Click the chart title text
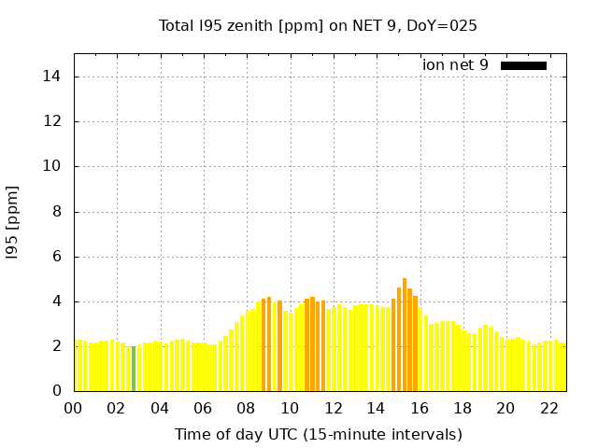tap(318, 25)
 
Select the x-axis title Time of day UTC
tap(318, 434)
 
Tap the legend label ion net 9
tap(455, 65)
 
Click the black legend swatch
tap(523, 65)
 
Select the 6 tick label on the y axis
tap(59, 257)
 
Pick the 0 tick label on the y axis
tap(59, 391)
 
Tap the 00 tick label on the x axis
tap(73, 408)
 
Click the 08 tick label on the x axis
tap(246, 408)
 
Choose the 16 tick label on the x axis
tap(420, 408)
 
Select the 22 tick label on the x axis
tap(549, 408)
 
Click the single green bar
tap(134, 368)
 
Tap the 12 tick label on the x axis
tap(333, 408)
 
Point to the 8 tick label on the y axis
tap(59, 212)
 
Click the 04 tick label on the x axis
tap(160, 408)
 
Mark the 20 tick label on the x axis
tap(505, 408)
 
